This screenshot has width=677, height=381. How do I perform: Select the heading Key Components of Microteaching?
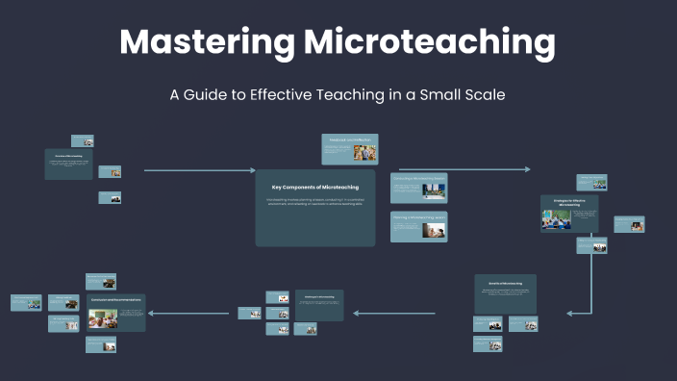coord(314,185)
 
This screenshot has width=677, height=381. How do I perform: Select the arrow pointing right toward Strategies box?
coord(464,170)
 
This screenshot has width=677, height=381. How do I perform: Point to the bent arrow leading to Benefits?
coord(590,289)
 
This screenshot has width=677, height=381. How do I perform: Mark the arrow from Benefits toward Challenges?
coord(394,313)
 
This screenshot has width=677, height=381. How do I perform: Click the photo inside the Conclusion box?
coord(102,317)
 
